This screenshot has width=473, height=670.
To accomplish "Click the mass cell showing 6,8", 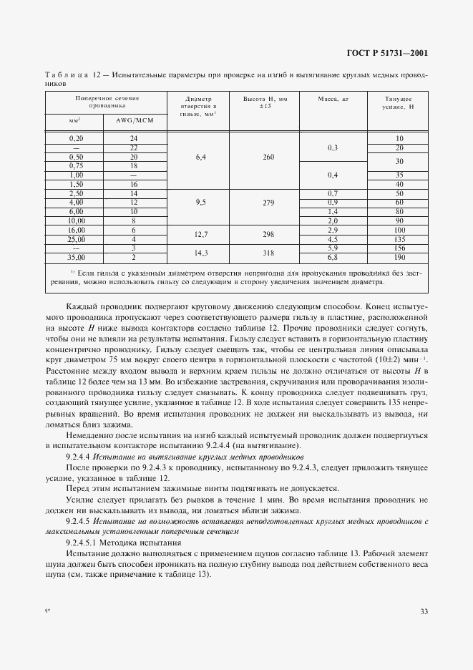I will point(332,256).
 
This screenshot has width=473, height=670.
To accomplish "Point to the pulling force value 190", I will point(399,256).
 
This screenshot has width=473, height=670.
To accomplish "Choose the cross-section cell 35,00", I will point(77,256).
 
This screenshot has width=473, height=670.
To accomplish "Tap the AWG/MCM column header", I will point(134,120).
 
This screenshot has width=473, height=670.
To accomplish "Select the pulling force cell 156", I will point(399,248).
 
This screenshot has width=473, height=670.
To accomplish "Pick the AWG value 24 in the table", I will point(134,137).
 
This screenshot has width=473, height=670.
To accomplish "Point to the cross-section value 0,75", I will point(77,165).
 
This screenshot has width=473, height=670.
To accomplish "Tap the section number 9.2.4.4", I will point(76,456).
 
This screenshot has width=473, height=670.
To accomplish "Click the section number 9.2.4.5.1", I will point(79,543).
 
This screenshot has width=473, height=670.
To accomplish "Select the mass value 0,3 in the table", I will point(332,147).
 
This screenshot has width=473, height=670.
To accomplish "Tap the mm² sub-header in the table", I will point(77,120).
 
